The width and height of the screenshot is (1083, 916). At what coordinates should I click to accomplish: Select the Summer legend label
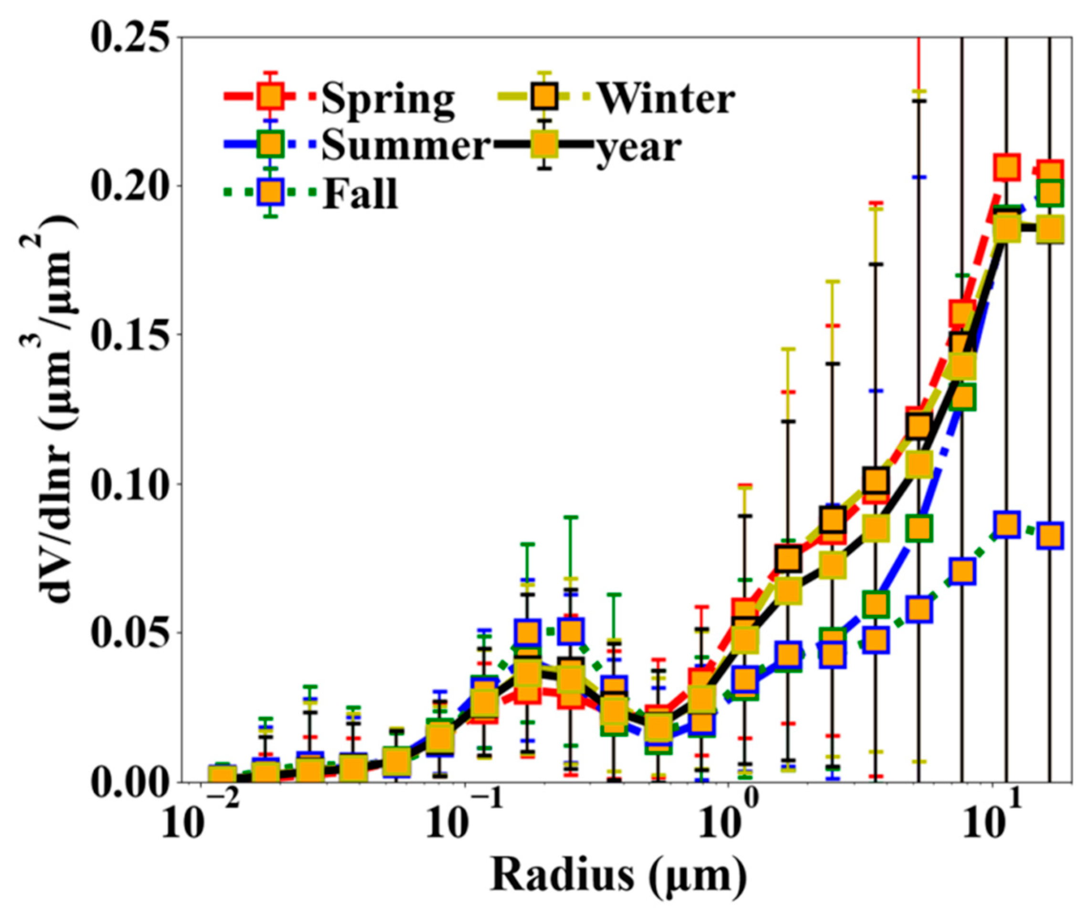coord(405,146)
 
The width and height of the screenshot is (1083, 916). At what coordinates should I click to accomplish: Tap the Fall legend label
coord(360,193)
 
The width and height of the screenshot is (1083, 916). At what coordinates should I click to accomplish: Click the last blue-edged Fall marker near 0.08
coord(1050,535)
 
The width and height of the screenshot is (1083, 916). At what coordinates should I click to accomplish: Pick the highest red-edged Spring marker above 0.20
coord(1007,167)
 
